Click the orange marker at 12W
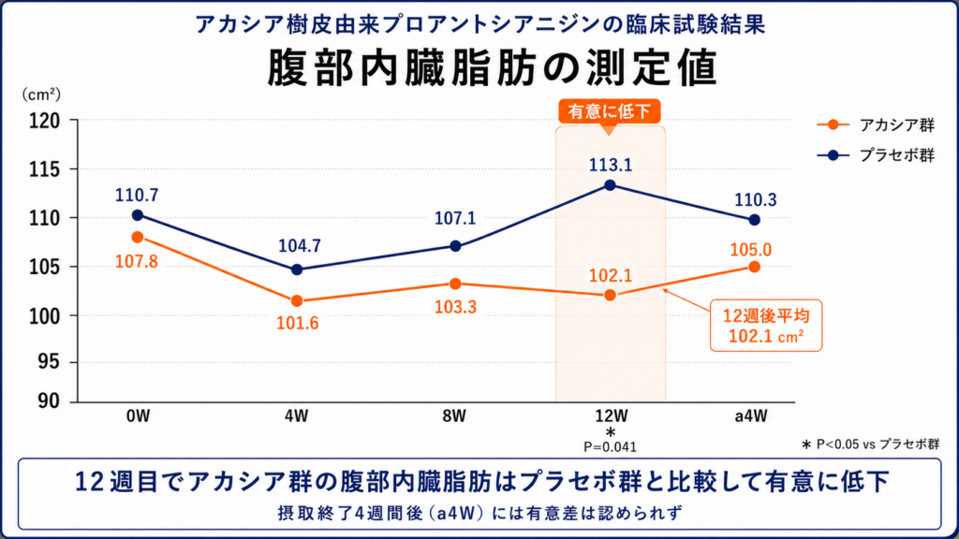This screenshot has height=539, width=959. tap(610, 295)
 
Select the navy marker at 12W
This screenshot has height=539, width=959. tap(610, 185)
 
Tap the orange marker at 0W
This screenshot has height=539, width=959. tap(138, 237)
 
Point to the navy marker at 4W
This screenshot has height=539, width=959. tap(297, 269)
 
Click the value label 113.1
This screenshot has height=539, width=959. tap(611, 165)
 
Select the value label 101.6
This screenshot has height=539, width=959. tap(297, 323)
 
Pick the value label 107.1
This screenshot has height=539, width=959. tap(455, 218)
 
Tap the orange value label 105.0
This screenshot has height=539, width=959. tap(750, 249)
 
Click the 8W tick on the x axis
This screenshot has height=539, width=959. tap(454, 416)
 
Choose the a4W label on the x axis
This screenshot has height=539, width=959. tap(751, 416)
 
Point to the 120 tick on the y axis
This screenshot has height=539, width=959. tap(45, 121)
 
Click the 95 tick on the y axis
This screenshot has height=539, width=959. tap(50, 361)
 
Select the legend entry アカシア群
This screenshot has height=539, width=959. tap(876, 124)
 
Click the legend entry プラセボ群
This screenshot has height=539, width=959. tap(876, 155)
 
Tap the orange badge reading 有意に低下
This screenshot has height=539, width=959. tap(609, 111)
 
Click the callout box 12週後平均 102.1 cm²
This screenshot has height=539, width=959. tap(766, 326)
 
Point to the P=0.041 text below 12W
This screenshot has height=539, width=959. tap(610, 447)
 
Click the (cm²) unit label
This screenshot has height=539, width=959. tap(41, 95)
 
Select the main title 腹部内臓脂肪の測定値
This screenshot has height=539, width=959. tap(492, 67)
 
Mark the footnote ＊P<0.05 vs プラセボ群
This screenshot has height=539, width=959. tap(870, 444)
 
